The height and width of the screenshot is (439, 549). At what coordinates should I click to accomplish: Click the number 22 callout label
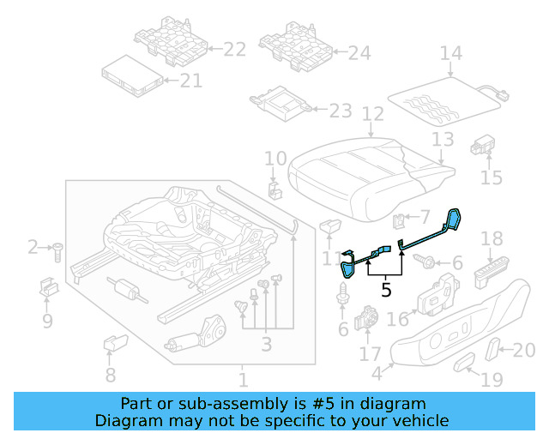point(234,51)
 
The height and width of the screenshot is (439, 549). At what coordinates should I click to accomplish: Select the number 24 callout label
point(359,53)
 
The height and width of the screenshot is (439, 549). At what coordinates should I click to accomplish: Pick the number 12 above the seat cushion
point(371,113)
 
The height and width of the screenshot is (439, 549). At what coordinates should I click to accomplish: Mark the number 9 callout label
point(47,322)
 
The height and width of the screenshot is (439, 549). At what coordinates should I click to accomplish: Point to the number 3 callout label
point(266,344)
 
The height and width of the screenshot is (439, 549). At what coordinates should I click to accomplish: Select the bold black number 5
point(386,290)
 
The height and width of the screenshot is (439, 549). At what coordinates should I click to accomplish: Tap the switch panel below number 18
point(492,275)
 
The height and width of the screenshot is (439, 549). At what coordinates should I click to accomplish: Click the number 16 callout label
point(398,319)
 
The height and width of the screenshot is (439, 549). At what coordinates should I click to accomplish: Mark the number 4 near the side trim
point(377,373)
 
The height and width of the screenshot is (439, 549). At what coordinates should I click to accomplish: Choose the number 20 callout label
point(523,349)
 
